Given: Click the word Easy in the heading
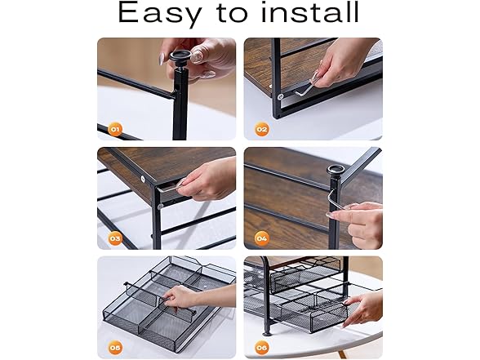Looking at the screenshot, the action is [160, 14].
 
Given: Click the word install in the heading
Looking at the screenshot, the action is [309, 12].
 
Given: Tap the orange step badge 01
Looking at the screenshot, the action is [115, 129].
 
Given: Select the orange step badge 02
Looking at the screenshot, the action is [262, 129].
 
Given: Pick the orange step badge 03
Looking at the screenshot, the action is [115, 238].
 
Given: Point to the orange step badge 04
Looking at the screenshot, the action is [262, 238].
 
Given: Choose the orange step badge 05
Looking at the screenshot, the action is [115, 348].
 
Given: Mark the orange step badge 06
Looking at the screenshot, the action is [262, 348].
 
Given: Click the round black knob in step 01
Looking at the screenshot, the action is [180, 57].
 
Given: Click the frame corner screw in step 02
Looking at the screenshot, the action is [280, 97].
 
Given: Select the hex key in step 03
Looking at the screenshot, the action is [170, 187].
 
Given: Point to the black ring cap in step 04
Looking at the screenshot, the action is [336, 169].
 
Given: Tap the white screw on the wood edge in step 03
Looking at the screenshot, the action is [143, 179].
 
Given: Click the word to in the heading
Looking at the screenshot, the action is [233, 13].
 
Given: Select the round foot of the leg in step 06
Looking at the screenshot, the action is [267, 333].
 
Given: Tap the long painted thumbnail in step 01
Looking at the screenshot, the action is [162, 59].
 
